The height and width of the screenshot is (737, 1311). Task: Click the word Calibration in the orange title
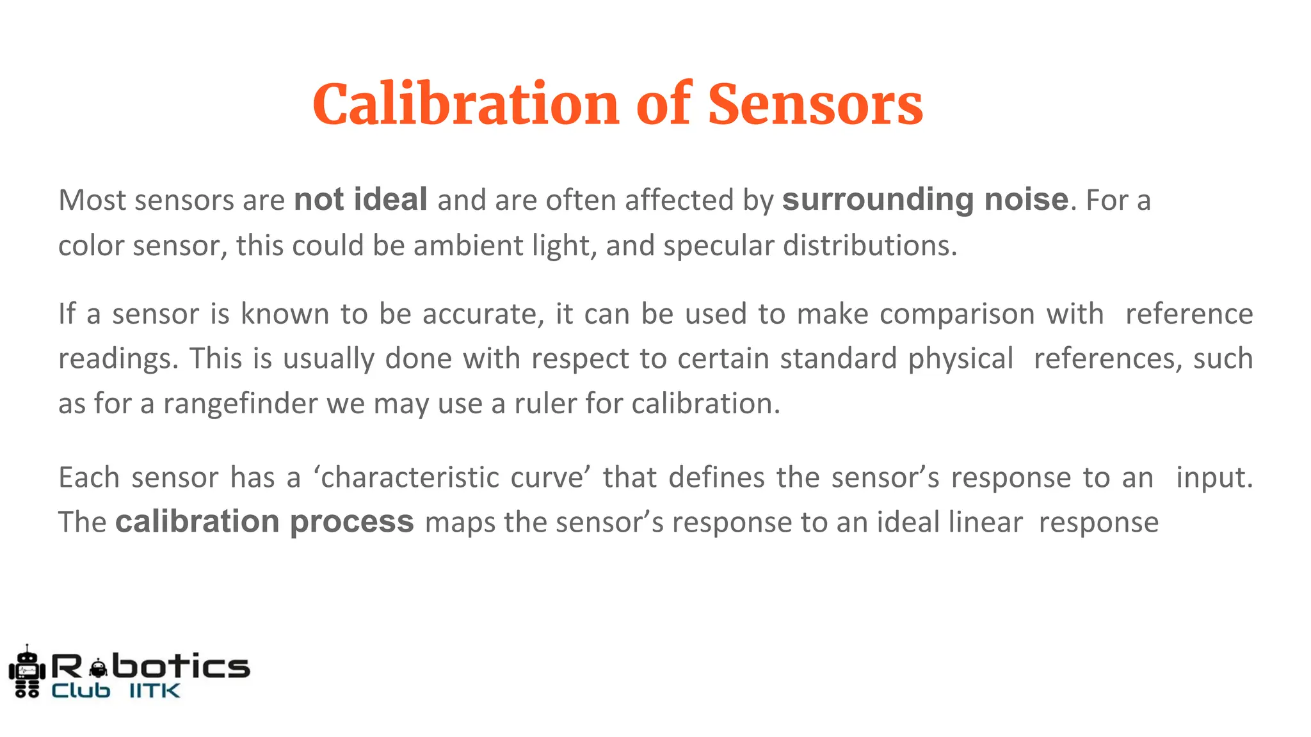point(465,104)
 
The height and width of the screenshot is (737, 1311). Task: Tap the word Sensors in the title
point(815,104)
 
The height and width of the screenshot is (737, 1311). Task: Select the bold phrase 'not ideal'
point(360,200)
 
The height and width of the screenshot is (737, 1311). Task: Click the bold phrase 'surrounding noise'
point(925,200)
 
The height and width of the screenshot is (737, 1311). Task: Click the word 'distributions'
point(870,246)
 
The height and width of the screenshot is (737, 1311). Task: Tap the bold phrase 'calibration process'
point(264,522)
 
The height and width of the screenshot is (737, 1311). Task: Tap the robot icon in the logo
point(27,672)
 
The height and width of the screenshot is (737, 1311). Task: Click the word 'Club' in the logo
point(81,691)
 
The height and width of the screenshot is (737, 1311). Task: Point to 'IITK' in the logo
point(155,691)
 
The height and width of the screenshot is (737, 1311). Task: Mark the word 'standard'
point(838,359)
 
